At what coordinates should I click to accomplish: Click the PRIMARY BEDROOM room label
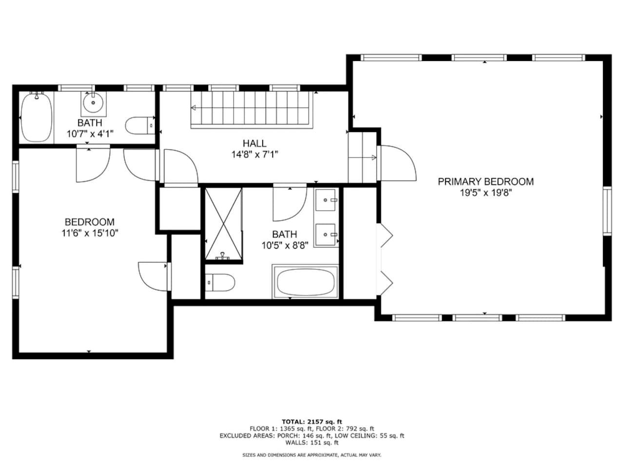486,181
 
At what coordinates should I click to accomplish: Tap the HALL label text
254,143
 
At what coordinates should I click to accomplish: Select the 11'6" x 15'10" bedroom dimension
90,233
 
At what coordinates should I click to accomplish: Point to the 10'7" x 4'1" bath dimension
90,134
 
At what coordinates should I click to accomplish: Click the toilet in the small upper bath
140,125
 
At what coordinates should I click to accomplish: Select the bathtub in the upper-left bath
37,117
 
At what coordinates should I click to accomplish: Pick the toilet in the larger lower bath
220,282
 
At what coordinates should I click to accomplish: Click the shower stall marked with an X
224,224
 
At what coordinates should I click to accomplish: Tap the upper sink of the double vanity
326,200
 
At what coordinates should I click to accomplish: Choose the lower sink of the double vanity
326,234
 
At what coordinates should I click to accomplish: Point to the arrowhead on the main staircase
194,108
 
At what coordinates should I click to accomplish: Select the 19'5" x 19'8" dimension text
486,193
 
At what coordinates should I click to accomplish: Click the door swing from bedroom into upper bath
93,164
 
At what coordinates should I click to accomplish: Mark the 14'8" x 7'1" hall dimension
254,155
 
